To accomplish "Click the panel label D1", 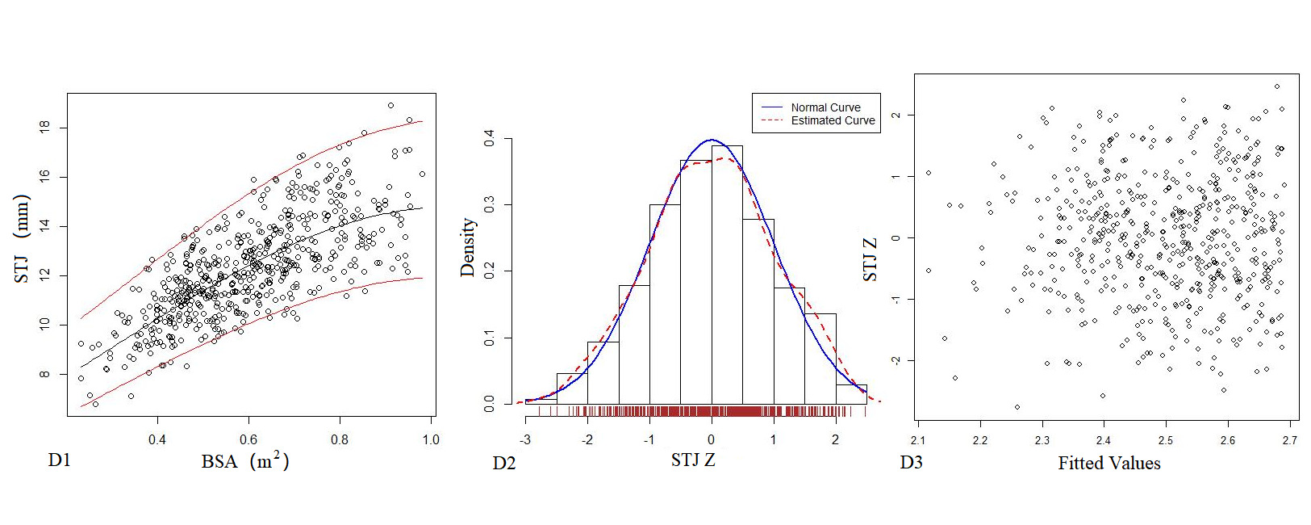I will pyautogui.click(x=60, y=460).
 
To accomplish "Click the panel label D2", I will pyautogui.click(x=504, y=464).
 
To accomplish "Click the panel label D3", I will pyautogui.click(x=911, y=463).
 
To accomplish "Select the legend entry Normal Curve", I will pyautogui.click(x=825, y=107).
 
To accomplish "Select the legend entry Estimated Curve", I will pyautogui.click(x=833, y=120).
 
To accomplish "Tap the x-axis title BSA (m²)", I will pyautogui.click(x=244, y=461).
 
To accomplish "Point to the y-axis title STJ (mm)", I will pyautogui.click(x=22, y=239).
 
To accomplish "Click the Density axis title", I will pyautogui.click(x=467, y=247).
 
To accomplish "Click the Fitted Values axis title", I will pyautogui.click(x=1109, y=464).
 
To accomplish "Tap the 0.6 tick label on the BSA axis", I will pyautogui.click(x=248, y=440).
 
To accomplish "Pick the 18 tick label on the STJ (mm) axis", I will pyautogui.click(x=44, y=127).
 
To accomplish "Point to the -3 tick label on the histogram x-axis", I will pyautogui.click(x=525, y=440).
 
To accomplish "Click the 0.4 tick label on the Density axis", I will pyautogui.click(x=490, y=139).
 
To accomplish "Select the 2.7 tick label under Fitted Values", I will pyautogui.click(x=1289, y=440).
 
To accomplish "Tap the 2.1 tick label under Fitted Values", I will pyautogui.click(x=917, y=440).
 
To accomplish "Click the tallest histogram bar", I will pyautogui.click(x=727, y=275).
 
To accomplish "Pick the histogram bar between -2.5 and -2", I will pyautogui.click(x=572, y=389).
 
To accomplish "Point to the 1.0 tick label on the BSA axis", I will pyautogui.click(x=431, y=440).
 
